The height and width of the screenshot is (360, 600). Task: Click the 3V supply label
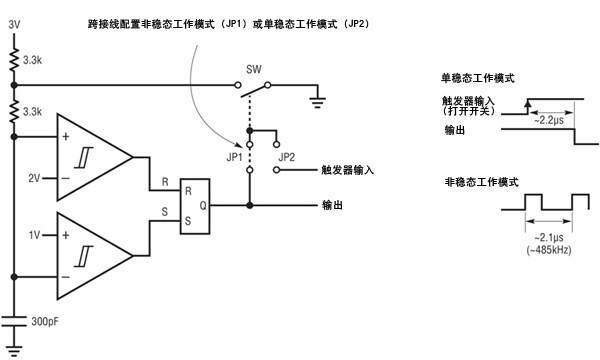14,25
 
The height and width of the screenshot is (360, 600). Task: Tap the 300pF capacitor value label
45,321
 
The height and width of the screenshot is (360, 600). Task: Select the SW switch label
254,70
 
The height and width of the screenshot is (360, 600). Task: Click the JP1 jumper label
235,157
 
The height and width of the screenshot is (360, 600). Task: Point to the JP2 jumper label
287,157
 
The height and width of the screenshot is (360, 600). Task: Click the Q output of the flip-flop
203,205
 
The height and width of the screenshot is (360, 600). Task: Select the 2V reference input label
34,178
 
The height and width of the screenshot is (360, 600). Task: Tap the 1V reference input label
34,235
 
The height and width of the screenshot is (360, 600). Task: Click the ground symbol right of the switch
318,103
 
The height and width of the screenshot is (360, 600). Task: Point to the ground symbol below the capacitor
14,351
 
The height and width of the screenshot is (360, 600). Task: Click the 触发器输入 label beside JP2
347,170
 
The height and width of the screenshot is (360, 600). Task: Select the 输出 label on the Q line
332,205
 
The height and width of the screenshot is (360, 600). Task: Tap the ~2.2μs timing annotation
549,121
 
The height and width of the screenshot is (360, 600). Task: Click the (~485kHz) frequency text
549,250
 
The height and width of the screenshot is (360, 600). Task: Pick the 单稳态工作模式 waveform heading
478,78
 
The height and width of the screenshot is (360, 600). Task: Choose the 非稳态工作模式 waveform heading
481,182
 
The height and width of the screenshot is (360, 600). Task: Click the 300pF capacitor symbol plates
14,321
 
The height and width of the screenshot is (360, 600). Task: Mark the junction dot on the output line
249,205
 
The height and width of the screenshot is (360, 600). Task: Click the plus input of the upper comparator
66,137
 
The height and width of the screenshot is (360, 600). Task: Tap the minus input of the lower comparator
66,277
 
